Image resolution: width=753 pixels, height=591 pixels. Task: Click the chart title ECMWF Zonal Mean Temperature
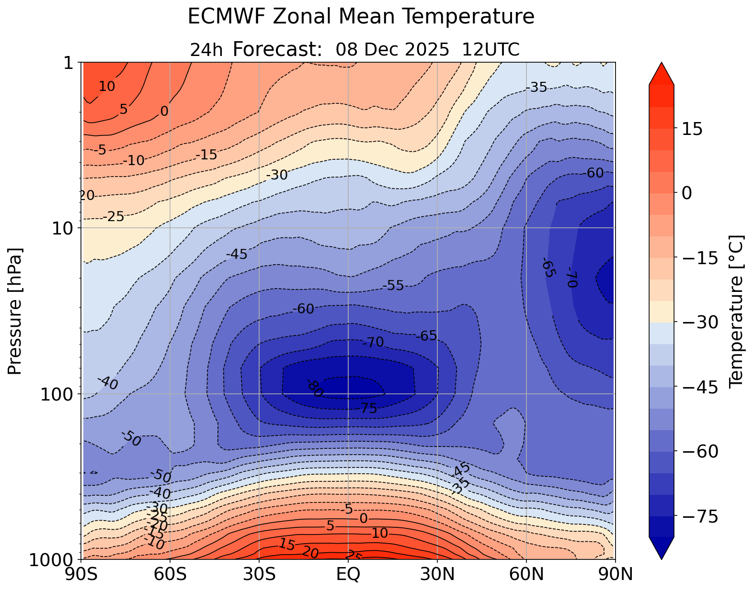point(361,17)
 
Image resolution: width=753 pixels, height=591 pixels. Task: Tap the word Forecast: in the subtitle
point(277,49)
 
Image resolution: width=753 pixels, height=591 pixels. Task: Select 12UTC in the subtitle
point(491,49)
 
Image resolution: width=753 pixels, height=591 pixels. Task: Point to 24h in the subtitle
point(206,50)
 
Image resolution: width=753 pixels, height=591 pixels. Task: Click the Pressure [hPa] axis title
point(15,311)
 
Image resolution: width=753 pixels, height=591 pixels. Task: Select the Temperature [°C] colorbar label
point(735,311)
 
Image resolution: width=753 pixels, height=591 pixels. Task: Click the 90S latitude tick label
point(83,574)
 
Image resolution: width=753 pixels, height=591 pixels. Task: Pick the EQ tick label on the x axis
point(348,574)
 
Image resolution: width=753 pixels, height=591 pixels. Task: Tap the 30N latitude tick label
point(437,574)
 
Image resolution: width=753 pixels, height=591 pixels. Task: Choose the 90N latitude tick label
point(615,574)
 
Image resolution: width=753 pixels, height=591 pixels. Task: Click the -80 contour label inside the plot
point(315,388)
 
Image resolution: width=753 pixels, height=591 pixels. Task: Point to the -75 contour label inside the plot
point(366,408)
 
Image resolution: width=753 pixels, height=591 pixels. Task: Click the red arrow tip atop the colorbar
point(662,72)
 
